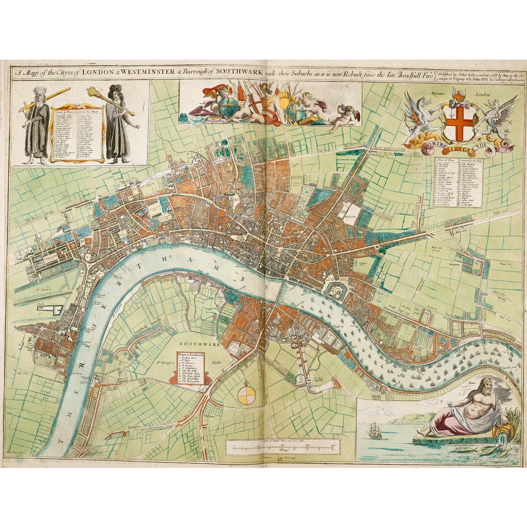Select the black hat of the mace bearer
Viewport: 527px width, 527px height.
pyautogui.click(x=115, y=89)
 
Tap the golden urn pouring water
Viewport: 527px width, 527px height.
pyautogui.click(x=498, y=432)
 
